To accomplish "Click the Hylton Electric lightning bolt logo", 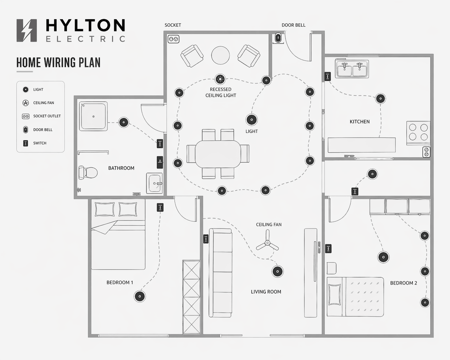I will (27, 30).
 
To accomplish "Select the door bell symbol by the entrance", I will (278, 38).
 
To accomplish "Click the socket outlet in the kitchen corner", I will (426, 152).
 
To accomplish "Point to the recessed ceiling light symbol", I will (220, 79).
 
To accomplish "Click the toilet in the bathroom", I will (88, 173).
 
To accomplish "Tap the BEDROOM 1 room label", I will (120, 282).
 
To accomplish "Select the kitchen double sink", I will (352, 69).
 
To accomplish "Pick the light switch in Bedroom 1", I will (160, 208).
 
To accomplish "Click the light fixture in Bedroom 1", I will (140, 296).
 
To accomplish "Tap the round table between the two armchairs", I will (221, 55).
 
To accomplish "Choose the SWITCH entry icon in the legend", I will (26, 143).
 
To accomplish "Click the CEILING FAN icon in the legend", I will (26, 103).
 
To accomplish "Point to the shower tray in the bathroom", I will (93, 116).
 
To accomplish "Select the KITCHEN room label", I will (359, 122).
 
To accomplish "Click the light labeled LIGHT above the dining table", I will (252, 120).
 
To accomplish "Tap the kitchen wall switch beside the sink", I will (327, 76).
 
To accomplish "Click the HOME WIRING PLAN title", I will (58, 63).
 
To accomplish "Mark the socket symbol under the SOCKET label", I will (173, 39).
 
